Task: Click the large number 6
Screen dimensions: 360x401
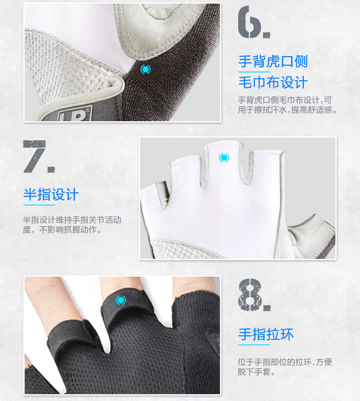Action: [x=250, y=22]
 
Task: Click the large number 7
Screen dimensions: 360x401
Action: [x=34, y=157]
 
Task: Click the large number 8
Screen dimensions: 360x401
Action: [x=250, y=295]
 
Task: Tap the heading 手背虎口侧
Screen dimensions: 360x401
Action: [x=273, y=62]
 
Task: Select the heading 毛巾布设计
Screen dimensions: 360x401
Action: [x=273, y=82]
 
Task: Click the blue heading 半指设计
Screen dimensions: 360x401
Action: [x=51, y=195]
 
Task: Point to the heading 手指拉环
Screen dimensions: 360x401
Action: [x=266, y=334]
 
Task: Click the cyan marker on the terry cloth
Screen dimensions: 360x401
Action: [x=145, y=69]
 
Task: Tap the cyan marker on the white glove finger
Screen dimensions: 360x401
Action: [x=224, y=158]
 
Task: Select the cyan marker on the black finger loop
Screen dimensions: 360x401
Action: [x=121, y=300]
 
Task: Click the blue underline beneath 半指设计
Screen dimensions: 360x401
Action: [x=39, y=205]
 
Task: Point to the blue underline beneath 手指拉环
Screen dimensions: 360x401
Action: [x=254, y=345]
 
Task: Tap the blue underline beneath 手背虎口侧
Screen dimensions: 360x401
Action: [x=254, y=72]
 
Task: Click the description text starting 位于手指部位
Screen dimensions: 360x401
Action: [x=285, y=367]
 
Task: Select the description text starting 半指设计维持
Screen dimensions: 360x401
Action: [x=72, y=225]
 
